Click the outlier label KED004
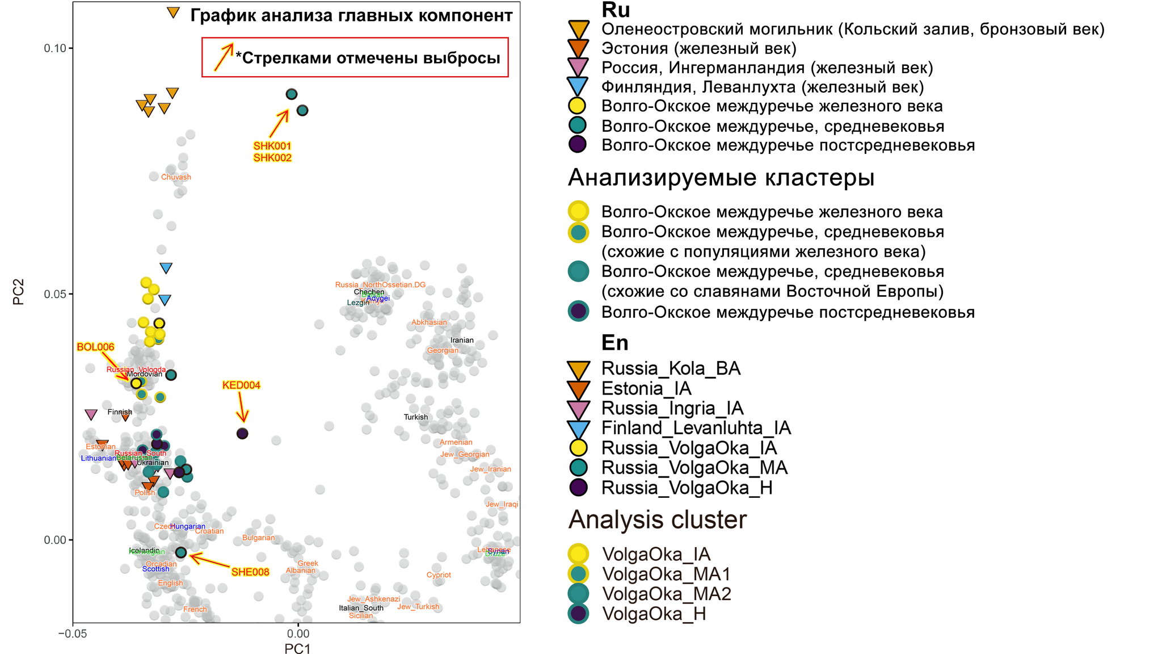coord(241,385)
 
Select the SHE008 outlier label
coord(250,572)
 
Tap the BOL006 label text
coord(95,347)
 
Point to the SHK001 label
coord(272,146)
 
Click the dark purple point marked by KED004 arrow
coord(242,434)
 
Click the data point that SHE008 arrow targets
coord(181,552)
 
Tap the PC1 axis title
coord(297,649)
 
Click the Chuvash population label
coord(176,177)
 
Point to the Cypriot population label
coord(439,575)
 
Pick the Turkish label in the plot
coord(416,417)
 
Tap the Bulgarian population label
coord(258,538)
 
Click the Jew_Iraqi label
coord(502,504)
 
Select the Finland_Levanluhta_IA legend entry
coord(696,428)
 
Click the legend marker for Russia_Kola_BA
coord(579,369)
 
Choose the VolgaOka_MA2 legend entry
coord(666,594)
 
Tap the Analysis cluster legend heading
coord(657,519)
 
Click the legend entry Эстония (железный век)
coord(698,48)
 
